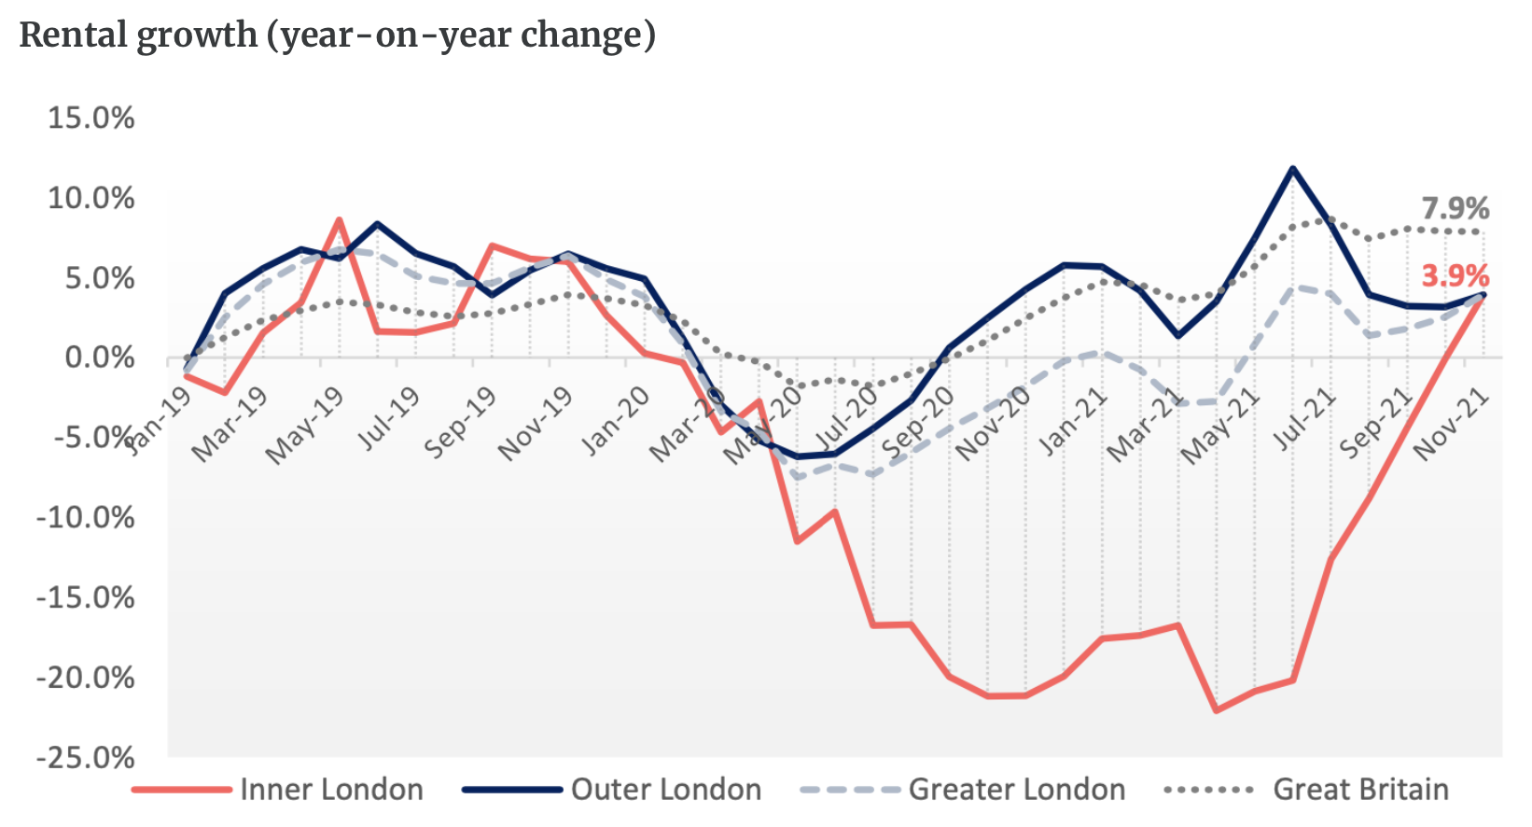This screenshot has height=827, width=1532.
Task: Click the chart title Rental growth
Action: coord(337,35)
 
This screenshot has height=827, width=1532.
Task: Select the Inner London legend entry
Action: coord(331,790)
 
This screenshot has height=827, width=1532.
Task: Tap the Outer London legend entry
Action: coord(665,790)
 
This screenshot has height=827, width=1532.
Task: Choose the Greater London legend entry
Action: coord(1016,790)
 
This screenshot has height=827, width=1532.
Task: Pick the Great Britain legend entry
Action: coord(1360,790)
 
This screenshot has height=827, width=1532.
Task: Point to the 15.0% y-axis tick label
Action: coord(91,119)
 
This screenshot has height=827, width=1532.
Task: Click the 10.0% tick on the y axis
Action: coord(91,198)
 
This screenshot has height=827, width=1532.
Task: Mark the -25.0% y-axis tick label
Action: coord(86,757)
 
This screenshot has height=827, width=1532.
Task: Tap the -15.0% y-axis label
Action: coord(86,597)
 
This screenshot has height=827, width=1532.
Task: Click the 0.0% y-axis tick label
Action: coord(99,357)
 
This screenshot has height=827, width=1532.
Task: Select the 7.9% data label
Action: coord(1455,208)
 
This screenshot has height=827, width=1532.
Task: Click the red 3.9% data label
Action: coord(1455,275)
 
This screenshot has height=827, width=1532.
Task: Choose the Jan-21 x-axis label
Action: coord(1074,422)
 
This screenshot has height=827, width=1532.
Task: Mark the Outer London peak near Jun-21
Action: coord(1292,169)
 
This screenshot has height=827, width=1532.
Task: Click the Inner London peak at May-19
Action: coord(339,220)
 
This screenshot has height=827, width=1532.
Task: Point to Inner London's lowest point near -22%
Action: coord(1216,710)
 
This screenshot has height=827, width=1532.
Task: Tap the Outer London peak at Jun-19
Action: coord(377,224)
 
